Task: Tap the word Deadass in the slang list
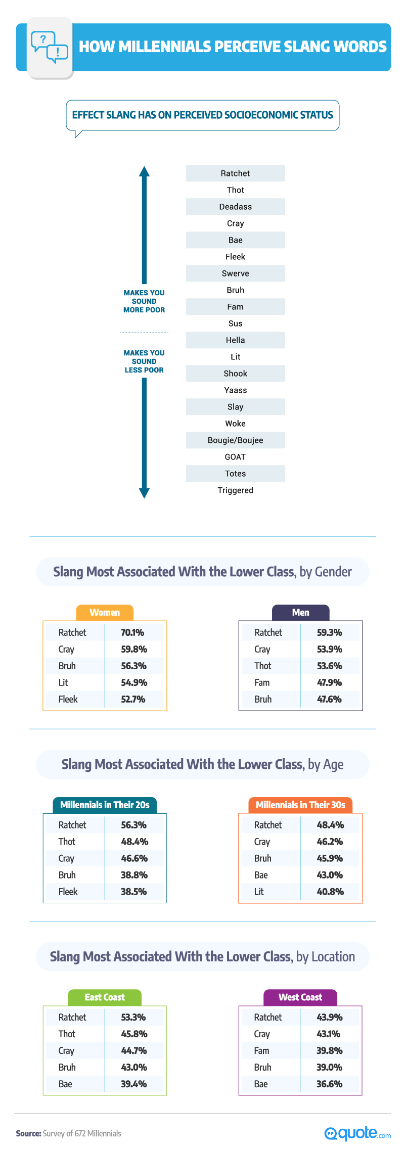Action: tap(235, 207)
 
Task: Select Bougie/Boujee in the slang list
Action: tap(235, 440)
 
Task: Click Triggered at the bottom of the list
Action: tap(235, 490)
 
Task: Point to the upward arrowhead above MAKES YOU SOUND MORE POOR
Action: tap(144, 171)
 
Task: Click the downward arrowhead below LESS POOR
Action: tap(144, 493)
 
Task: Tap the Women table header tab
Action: tap(105, 613)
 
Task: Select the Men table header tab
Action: tap(300, 613)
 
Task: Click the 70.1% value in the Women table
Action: tap(132, 632)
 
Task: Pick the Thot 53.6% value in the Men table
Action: tap(329, 666)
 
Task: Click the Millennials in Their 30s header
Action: tap(300, 805)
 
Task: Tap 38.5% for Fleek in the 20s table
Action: tap(133, 892)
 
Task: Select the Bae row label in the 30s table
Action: tap(261, 875)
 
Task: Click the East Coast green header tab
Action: tap(105, 997)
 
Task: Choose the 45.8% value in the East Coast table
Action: tap(133, 1034)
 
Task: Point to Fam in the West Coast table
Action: tap(261, 1050)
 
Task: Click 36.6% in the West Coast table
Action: tap(329, 1084)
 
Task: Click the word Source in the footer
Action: tap(28, 1133)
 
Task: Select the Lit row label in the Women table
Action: tap(63, 682)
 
